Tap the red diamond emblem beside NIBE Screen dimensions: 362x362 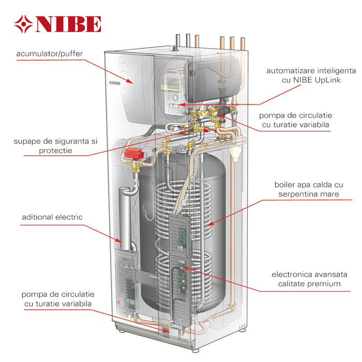(x=23, y=24)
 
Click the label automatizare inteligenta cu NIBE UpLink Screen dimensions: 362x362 (x=311, y=75)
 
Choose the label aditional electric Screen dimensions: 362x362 (x=52, y=217)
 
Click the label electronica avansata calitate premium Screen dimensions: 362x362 (x=309, y=279)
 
